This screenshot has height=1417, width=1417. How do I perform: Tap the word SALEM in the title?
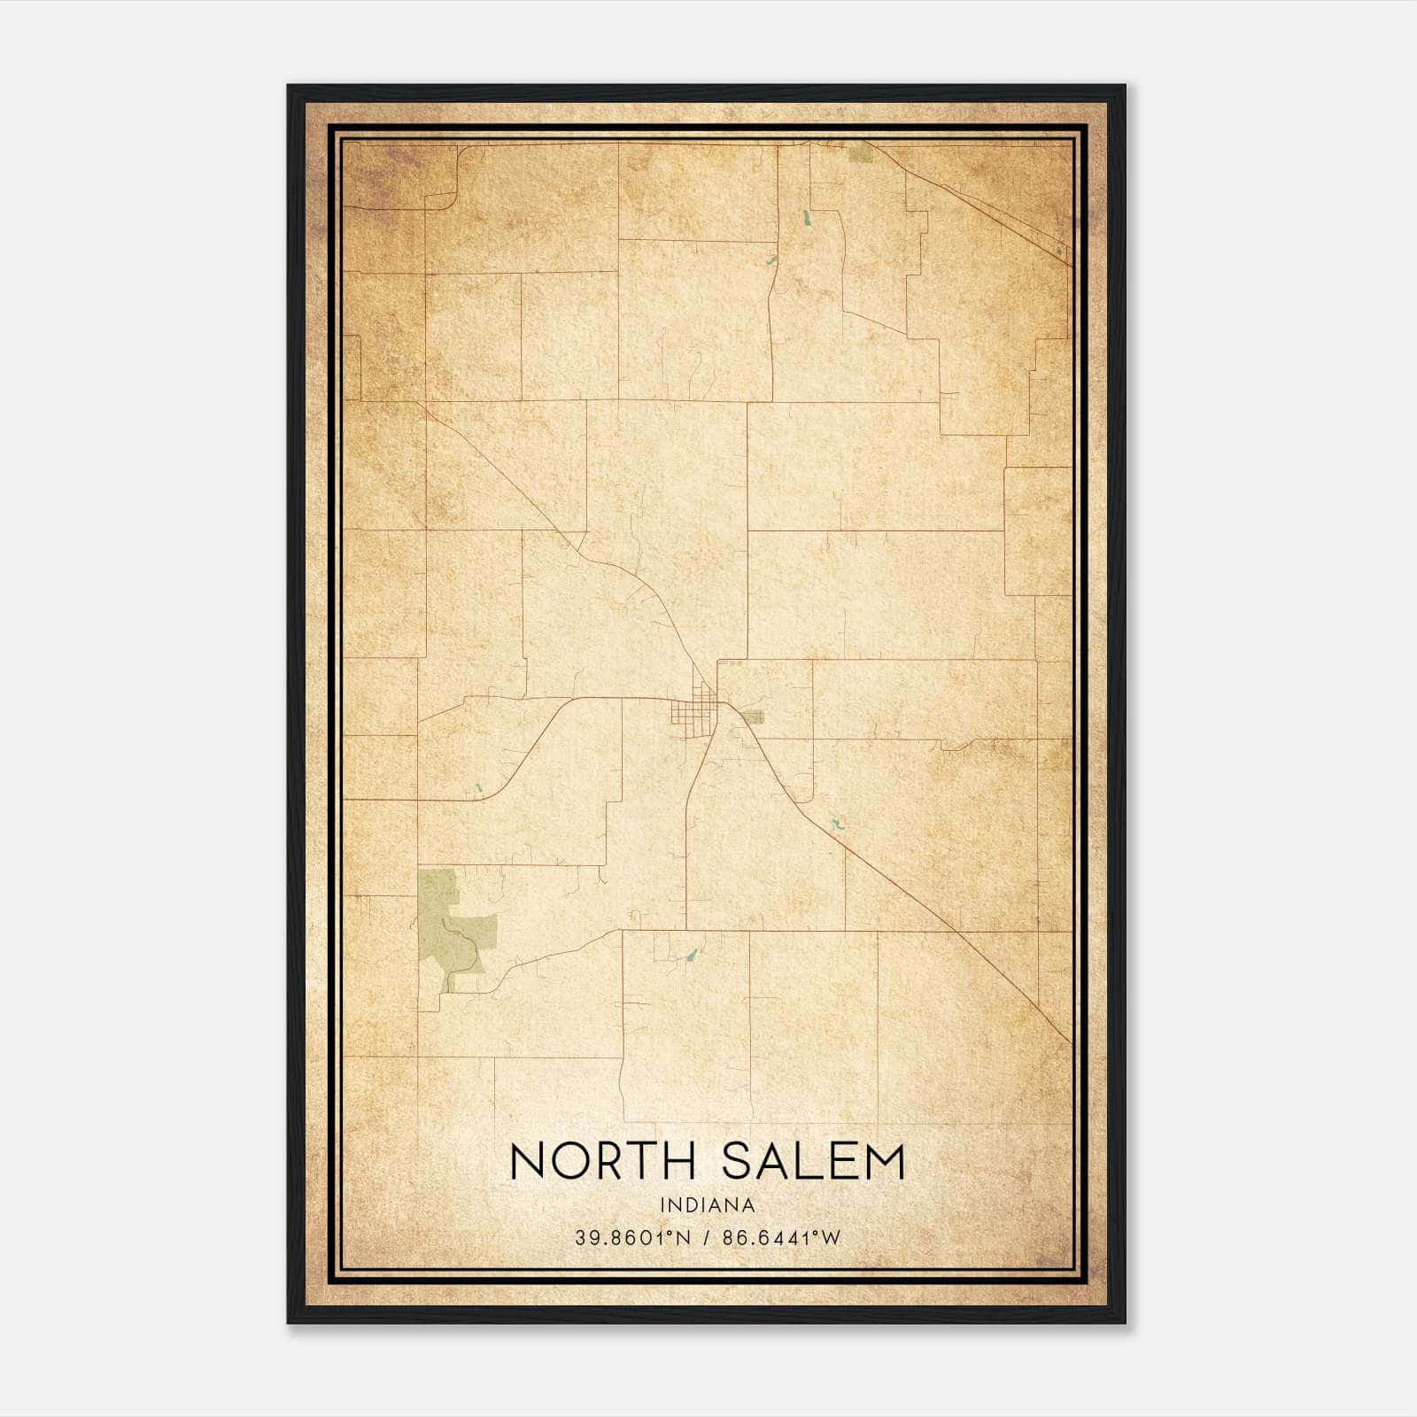click(x=814, y=1161)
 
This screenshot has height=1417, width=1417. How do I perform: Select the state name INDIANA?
click(x=708, y=1205)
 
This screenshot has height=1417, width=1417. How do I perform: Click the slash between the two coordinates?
click(x=707, y=1238)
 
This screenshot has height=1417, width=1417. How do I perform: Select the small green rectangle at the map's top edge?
click(x=859, y=154)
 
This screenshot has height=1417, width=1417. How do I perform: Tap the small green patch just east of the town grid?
click(x=752, y=717)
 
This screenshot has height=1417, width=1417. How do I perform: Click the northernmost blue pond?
click(x=807, y=216)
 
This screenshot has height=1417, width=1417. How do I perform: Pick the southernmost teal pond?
click(x=691, y=956)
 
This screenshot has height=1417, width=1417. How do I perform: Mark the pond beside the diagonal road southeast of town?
click(x=834, y=825)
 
